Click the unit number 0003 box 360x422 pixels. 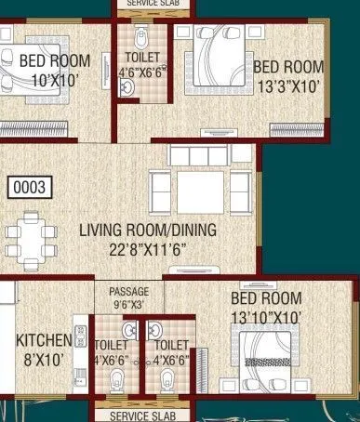[28, 187]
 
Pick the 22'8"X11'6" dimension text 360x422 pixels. [146, 248]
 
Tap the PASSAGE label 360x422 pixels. [128, 290]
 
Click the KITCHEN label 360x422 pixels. [44, 339]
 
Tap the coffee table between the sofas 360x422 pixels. [201, 191]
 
